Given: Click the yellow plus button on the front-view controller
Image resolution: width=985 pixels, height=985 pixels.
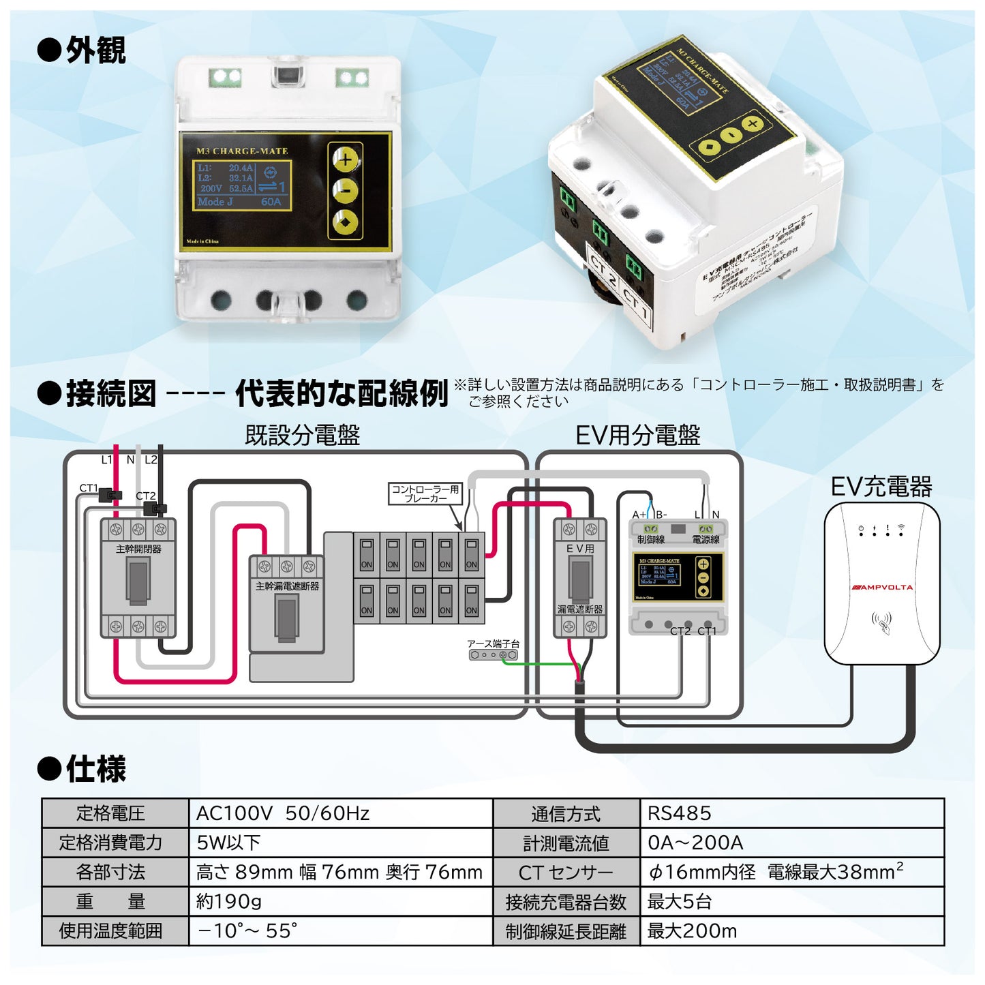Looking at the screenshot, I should pos(346,160).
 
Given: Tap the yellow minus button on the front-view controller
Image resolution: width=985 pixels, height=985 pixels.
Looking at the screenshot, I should pos(346,191).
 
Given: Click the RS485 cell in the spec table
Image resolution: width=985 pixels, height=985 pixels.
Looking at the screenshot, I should pos(679,813).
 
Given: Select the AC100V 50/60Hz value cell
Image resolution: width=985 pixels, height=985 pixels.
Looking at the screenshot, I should pos(283,813).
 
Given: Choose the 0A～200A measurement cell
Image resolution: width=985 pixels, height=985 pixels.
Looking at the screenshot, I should pos(695,843).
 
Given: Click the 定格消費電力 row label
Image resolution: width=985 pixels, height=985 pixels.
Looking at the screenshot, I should pos(111,843).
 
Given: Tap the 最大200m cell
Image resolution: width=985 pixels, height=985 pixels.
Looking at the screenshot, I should pos(692,930).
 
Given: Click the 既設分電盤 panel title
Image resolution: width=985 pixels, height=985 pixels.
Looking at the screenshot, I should pos(302,435).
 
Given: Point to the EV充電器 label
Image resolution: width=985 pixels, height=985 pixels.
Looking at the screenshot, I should pos(881,487).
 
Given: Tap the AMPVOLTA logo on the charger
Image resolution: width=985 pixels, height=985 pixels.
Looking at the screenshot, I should pos(882,587).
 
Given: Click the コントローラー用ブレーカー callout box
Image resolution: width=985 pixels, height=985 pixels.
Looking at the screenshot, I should pos(425,494).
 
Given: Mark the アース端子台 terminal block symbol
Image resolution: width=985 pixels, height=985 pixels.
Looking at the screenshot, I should pos(494,655).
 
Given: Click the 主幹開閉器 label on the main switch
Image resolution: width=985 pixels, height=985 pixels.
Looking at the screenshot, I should pos(138,549).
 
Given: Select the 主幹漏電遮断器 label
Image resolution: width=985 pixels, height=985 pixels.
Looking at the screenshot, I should pos(287,586).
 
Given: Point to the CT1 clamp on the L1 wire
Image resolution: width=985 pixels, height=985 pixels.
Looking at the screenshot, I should pos(111,496).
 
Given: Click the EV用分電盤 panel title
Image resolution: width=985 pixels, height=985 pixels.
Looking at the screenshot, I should pos(637,435).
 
